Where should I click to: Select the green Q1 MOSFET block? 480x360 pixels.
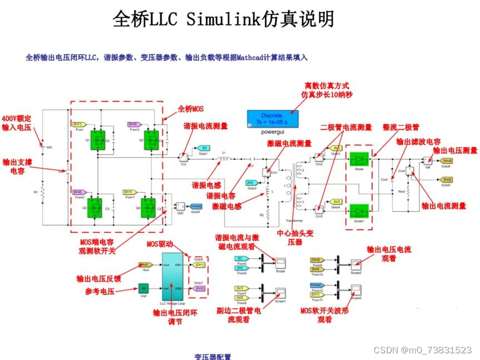(100, 139)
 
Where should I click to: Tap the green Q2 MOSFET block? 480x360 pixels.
(150, 139)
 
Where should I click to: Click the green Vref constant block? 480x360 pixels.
(143, 288)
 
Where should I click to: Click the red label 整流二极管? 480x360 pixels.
(400, 127)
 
